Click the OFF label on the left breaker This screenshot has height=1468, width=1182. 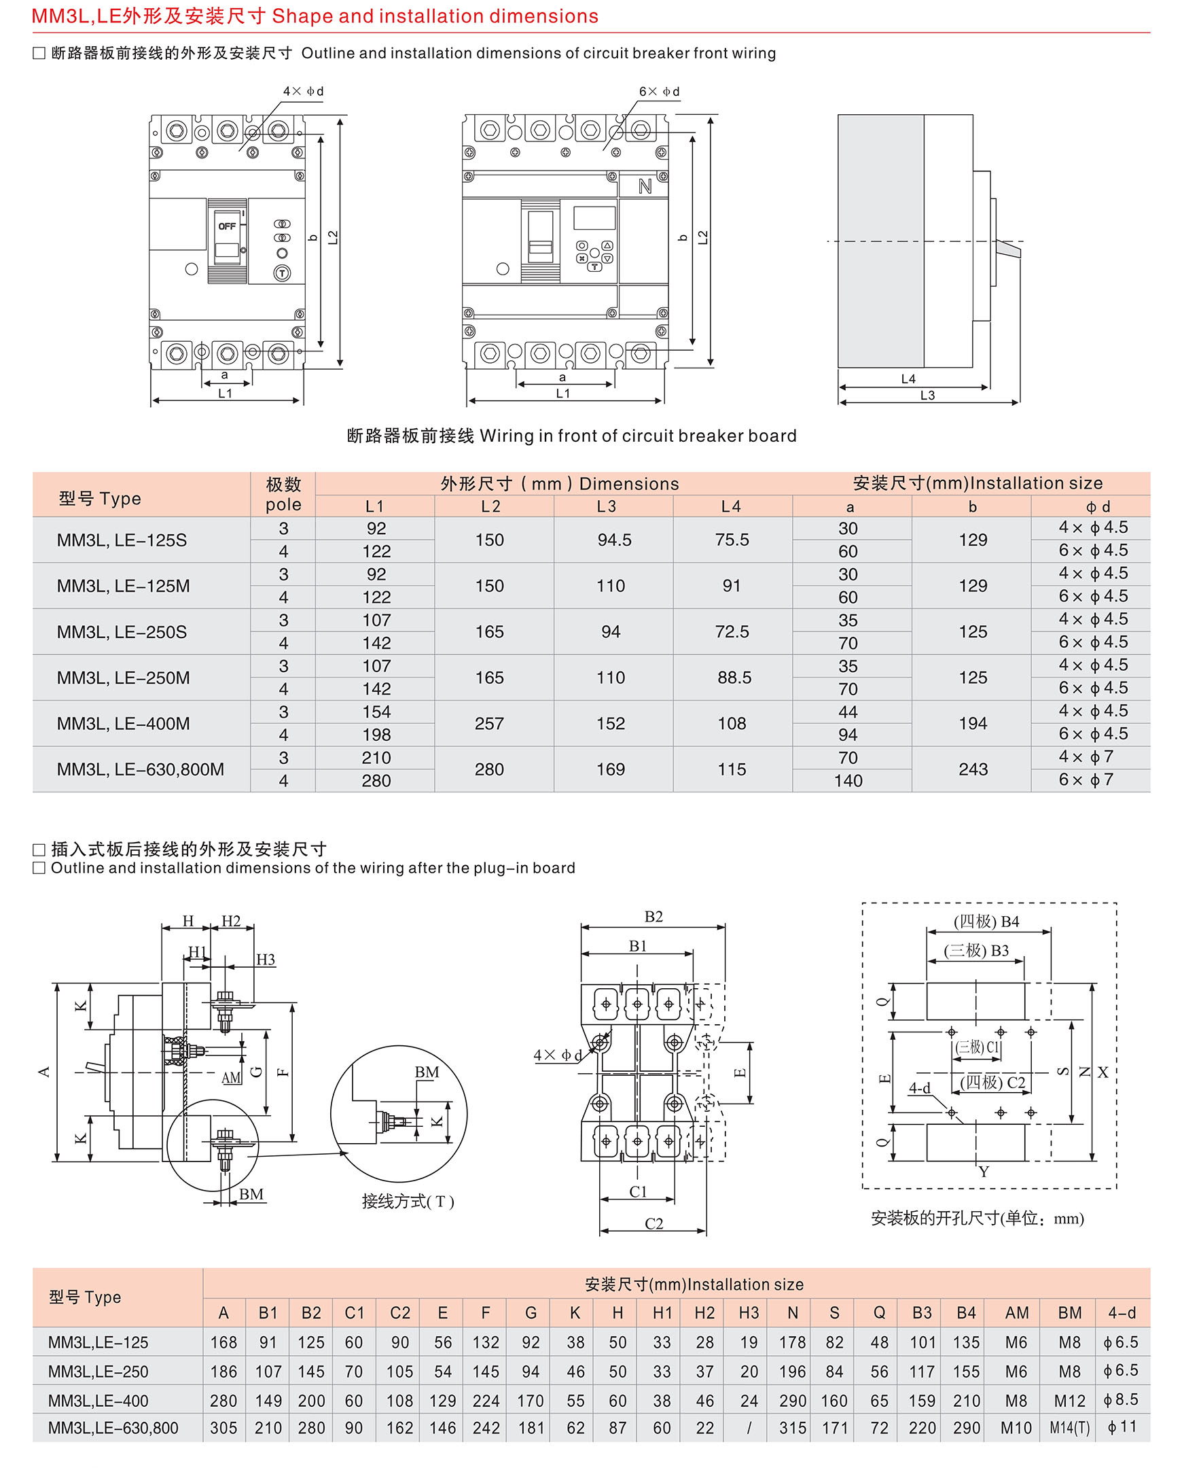coord(227,226)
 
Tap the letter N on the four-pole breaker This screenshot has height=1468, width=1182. coord(644,187)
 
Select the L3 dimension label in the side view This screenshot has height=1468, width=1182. coord(927,395)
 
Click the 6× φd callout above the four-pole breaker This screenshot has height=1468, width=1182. coord(658,91)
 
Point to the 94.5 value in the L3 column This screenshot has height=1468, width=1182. coord(614,540)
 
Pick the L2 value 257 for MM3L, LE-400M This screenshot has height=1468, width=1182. coord(489,723)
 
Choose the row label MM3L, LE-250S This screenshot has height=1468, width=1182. coord(121,631)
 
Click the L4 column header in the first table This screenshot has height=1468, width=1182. coord(730,506)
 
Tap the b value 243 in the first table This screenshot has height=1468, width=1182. coord(972,769)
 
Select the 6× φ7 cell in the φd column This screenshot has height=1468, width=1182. coord(1086,780)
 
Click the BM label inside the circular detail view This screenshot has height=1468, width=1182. coord(427,1072)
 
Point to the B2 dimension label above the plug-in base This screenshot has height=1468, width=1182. coord(653,916)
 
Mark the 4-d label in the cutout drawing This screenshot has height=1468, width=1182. coord(919,1088)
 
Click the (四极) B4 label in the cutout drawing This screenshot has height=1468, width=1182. coord(986,921)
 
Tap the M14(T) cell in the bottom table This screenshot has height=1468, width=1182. coord(1069,1428)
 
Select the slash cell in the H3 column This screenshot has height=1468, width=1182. coord(749,1428)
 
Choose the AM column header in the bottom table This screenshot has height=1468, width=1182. coord(1016,1312)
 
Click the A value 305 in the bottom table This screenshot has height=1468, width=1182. coord(223,1428)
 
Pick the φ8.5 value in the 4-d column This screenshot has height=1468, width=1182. coord(1121,1399)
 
